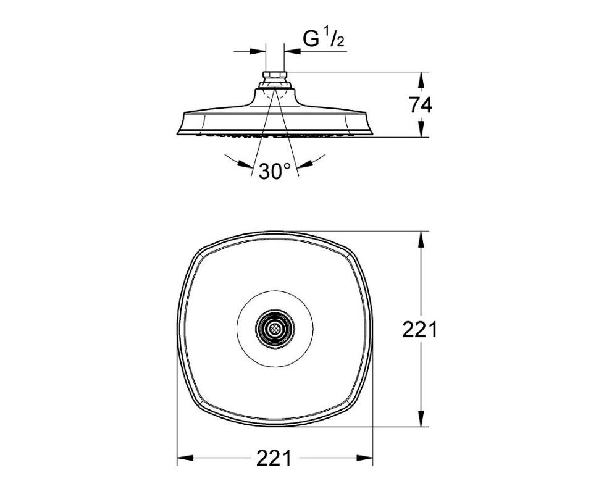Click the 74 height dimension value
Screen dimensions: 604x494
pyautogui.click(x=421, y=105)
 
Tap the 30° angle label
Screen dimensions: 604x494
pyautogui.click(x=275, y=171)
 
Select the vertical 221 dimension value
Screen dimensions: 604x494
pyautogui.click(x=420, y=330)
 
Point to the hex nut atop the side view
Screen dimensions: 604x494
pyautogui.click(x=275, y=75)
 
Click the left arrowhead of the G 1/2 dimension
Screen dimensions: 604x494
pyautogui.click(x=258, y=51)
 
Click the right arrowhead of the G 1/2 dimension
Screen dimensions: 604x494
pyautogui.click(x=292, y=51)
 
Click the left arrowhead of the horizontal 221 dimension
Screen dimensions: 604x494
pyautogui.click(x=185, y=458)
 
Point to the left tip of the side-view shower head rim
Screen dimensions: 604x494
pyautogui.click(x=177, y=134)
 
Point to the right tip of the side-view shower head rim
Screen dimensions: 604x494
pyautogui.click(x=373, y=134)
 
